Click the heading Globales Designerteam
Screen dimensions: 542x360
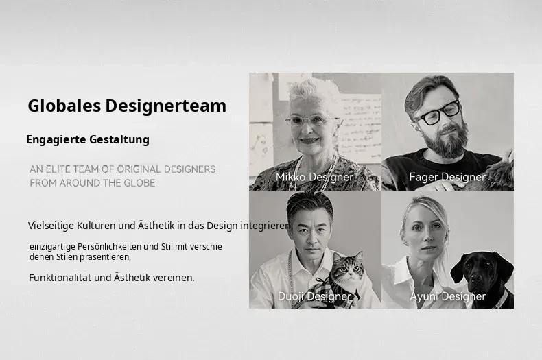click(x=127, y=106)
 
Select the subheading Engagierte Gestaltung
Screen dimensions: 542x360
click(x=88, y=140)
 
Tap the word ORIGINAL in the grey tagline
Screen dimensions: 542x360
click(x=139, y=169)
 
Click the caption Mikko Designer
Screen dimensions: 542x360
click(x=314, y=177)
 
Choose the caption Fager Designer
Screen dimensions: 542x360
click(x=447, y=177)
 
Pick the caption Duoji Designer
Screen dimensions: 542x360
click(x=314, y=296)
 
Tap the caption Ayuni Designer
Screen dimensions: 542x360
click(x=447, y=296)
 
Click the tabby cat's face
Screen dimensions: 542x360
click(x=348, y=268)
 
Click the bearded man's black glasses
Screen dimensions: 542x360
click(x=438, y=113)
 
